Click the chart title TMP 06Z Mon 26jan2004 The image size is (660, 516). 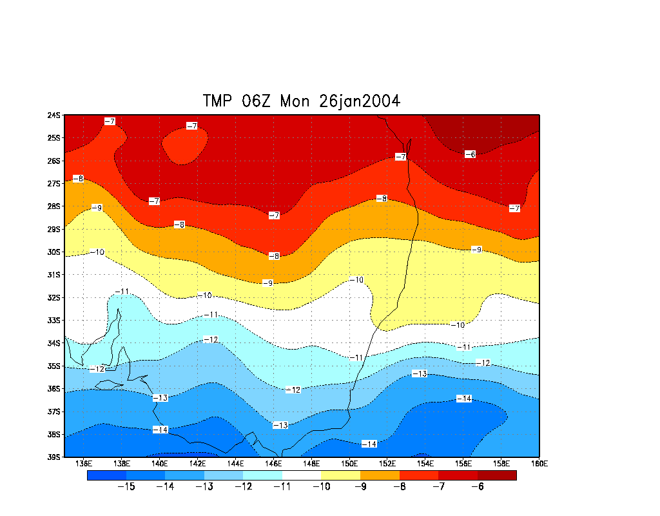[x=301, y=101]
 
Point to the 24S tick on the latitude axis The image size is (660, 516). [x=53, y=115]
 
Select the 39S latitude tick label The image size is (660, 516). [x=53, y=457]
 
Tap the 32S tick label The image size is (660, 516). [x=53, y=297]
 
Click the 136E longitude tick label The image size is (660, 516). [x=83, y=463]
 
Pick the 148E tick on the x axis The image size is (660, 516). [x=311, y=463]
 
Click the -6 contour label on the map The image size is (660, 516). [x=470, y=154]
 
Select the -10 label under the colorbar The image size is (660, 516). [x=321, y=487]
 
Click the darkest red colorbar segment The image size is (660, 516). [x=497, y=475]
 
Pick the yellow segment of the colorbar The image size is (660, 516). [x=340, y=475]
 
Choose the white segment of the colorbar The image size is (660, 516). [x=301, y=475]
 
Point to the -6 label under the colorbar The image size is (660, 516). [x=478, y=487]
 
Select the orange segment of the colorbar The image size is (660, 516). [x=380, y=475]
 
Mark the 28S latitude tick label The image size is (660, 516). [x=53, y=206]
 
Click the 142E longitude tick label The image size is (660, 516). [x=197, y=463]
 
